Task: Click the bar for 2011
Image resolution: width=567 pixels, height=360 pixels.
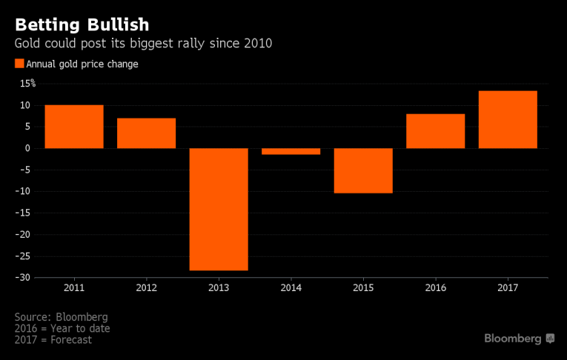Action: [73, 127]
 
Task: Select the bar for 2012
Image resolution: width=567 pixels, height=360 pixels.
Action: [146, 133]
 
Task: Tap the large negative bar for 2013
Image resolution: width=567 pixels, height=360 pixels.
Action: [219, 209]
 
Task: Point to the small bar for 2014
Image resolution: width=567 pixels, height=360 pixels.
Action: [291, 151]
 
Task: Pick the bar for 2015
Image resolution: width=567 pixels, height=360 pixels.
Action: [363, 170]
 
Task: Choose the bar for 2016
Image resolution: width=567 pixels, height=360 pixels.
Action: [436, 131]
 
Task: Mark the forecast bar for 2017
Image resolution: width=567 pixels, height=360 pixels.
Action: [508, 119]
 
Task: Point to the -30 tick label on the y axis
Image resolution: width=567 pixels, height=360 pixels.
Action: [24, 278]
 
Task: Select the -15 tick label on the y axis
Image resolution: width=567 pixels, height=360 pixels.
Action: [24, 213]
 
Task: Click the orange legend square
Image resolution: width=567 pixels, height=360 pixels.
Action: [19, 64]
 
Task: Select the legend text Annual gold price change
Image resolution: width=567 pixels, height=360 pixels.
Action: [82, 64]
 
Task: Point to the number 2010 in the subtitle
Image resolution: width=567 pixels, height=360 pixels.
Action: [257, 43]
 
